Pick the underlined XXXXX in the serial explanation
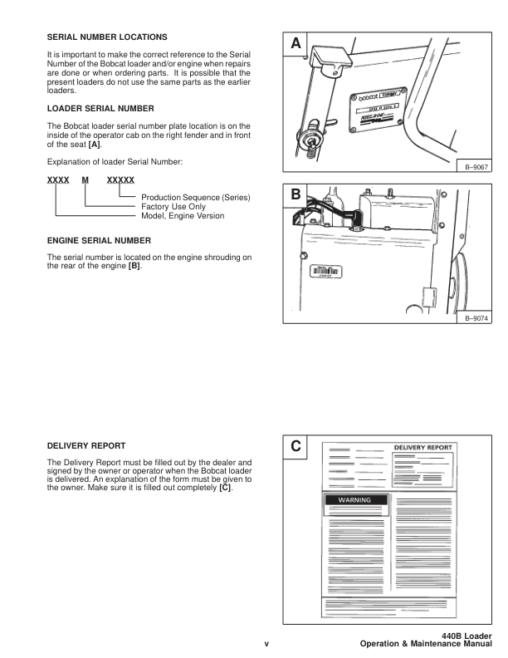pos(120,179)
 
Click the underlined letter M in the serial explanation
pos(85,179)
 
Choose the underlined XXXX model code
pos(56,179)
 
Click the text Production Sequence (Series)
pos(196,197)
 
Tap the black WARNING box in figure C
pos(354,500)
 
